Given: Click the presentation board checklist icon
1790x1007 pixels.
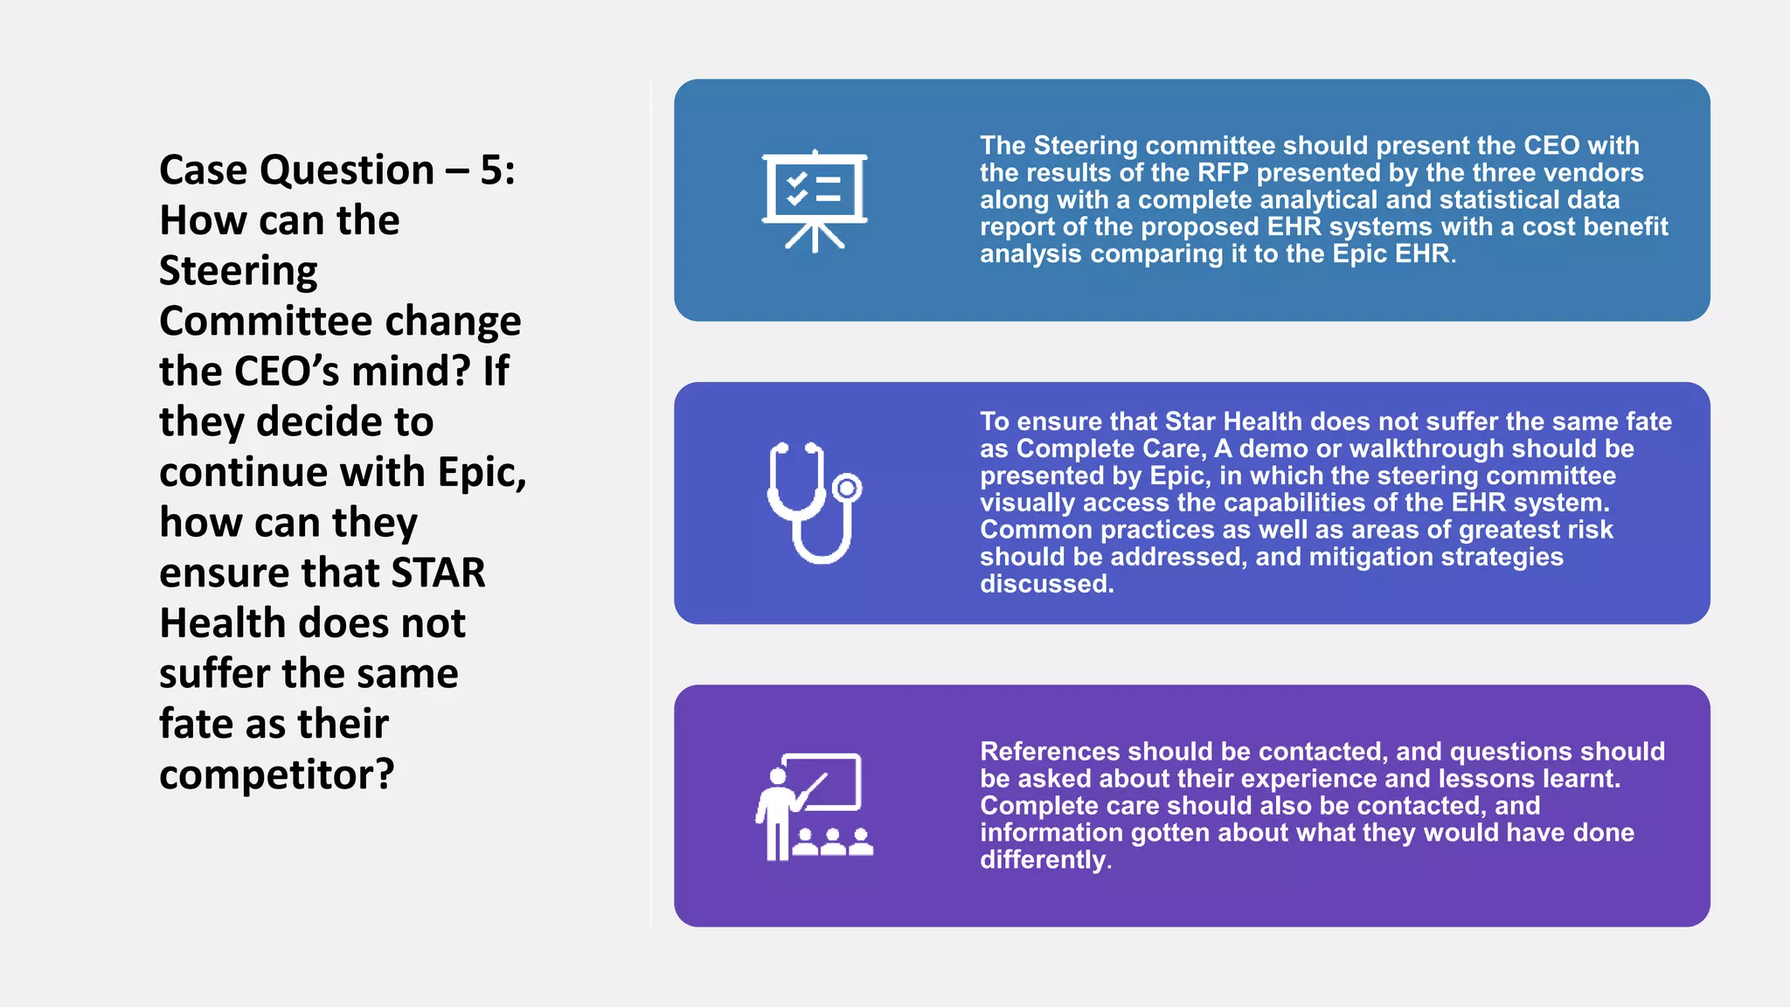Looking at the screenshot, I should tap(815, 200).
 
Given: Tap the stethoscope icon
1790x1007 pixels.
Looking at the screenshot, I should tap(814, 503).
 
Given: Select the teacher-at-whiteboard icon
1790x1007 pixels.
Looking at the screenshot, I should tap(814, 806).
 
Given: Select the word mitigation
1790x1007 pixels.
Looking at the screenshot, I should tap(1370, 557).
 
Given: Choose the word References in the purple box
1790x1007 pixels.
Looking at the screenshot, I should tap(1050, 752).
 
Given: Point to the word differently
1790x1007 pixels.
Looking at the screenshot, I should tap(1044, 860).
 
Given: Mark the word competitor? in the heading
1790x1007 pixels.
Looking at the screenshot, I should tap(276, 774).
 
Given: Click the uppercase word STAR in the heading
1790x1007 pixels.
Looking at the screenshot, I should tap(438, 573).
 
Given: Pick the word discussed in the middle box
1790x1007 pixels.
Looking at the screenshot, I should tap(1044, 584).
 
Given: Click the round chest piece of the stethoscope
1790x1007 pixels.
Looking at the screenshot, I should tap(846, 488).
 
